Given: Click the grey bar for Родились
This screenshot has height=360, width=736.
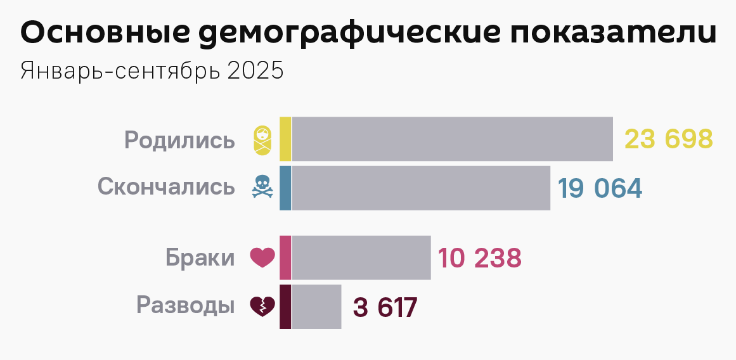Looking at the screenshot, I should (453, 139).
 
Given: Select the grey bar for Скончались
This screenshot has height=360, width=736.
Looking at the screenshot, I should (421, 188).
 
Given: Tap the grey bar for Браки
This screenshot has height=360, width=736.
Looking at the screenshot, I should (361, 257).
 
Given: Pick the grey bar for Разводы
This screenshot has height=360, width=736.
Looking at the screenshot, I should (317, 307).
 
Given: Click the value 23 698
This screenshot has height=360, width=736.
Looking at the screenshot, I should (669, 139).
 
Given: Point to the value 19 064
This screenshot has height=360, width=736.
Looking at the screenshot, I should (600, 188).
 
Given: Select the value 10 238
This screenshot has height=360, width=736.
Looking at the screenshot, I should (480, 258).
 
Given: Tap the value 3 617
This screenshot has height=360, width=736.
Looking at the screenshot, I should (385, 307).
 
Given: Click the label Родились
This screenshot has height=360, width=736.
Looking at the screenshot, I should (179, 140).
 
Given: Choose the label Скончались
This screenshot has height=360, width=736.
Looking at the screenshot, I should (166, 187).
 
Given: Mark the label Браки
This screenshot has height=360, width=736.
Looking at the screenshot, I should (200, 258).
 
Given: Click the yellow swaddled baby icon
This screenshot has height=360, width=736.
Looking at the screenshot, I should (262, 139).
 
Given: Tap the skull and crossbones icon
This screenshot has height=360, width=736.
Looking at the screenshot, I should (262, 188).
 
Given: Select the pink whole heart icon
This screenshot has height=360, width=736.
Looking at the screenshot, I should (262, 257).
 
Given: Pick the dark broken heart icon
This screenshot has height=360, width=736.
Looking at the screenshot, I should (262, 307).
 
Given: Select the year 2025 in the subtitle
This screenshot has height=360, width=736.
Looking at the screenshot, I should (255, 70).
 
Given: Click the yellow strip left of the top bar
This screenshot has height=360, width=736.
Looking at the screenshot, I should (285, 139).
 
